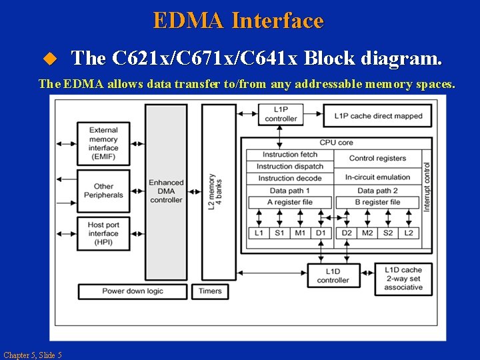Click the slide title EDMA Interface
tap(238, 21)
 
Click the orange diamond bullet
tap(47, 59)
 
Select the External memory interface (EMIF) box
tap(103, 144)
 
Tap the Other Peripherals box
tap(103, 191)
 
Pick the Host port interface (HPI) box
tap(103, 234)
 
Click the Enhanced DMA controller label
tap(166, 191)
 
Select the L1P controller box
tap(281, 115)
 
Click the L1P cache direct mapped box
tap(377, 115)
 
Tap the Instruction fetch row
tap(287, 155)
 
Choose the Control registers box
tap(377, 159)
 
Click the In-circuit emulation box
tap(377, 177)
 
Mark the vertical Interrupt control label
tap(427, 187)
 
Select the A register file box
tap(289, 202)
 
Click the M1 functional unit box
tap(300, 233)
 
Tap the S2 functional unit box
tap(387, 233)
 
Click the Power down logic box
tap(132, 291)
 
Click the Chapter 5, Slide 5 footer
tap(32, 355)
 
